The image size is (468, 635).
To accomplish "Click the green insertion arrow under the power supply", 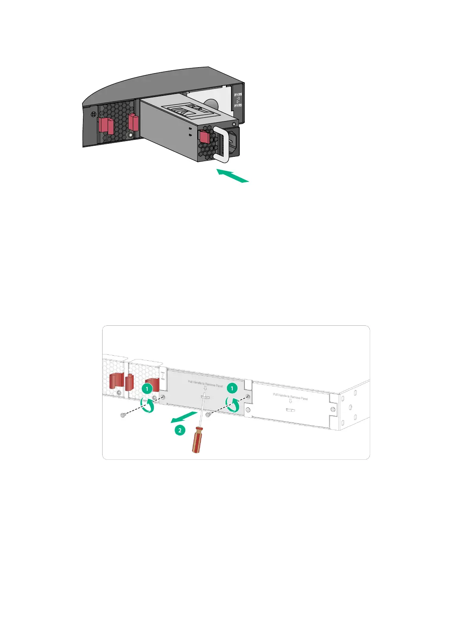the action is click(233, 176).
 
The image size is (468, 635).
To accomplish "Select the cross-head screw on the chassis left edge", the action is click(93, 114).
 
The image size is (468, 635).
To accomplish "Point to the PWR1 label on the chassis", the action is click(238, 95).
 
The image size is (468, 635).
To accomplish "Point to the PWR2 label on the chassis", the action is click(238, 105).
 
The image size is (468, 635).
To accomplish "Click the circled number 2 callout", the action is click(180, 430).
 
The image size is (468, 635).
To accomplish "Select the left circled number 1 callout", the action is click(147, 389).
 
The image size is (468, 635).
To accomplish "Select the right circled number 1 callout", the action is click(232, 389).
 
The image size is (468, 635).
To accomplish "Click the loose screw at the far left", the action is click(123, 415).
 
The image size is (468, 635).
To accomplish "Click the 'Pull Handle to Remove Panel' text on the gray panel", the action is click(205, 384).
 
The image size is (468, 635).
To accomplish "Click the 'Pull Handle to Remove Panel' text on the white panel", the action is click(290, 396).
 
